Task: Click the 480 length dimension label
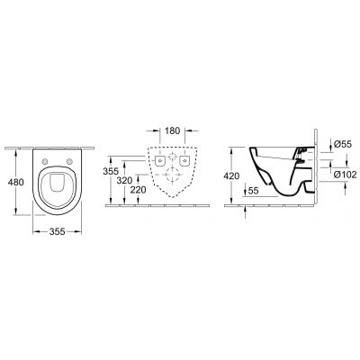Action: [16, 182]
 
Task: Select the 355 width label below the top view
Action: [57, 231]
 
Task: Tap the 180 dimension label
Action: [172, 130]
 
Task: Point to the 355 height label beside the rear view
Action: [111, 172]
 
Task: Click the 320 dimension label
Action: [124, 181]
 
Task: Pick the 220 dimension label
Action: [139, 190]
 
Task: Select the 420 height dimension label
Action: [231, 176]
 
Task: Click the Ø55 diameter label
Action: [343, 144]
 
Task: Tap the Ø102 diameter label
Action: [346, 175]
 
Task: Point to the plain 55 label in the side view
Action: [254, 191]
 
